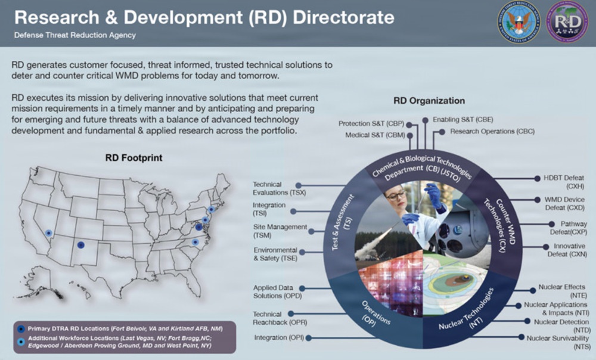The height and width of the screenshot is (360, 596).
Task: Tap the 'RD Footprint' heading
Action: (134, 158)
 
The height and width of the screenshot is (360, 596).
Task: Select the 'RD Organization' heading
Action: (429, 101)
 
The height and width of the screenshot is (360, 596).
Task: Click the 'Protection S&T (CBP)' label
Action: (371, 123)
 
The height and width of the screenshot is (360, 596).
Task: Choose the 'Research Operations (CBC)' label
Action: (492, 131)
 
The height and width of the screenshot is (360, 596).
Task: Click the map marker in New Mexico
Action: (81, 246)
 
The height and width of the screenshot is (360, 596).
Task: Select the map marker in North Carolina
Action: (194, 242)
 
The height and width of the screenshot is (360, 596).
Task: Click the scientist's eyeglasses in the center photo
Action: (395, 195)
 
